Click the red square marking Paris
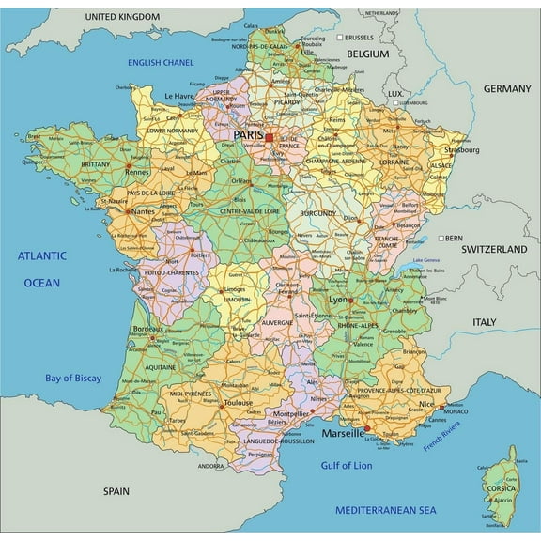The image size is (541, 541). [x=269, y=138]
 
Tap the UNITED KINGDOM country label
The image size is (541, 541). [x=121, y=17]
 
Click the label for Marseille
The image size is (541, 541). [x=345, y=434]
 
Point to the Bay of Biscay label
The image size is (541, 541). [x=73, y=379]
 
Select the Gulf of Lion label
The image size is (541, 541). [x=348, y=465]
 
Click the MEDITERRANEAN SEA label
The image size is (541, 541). [x=386, y=509]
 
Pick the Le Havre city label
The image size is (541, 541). [x=179, y=96]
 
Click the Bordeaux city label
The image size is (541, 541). [x=148, y=330]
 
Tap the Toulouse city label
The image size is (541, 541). [x=238, y=402]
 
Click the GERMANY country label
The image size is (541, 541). [x=507, y=88]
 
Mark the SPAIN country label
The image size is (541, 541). [x=116, y=490]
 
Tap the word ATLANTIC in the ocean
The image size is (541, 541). [x=42, y=255]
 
